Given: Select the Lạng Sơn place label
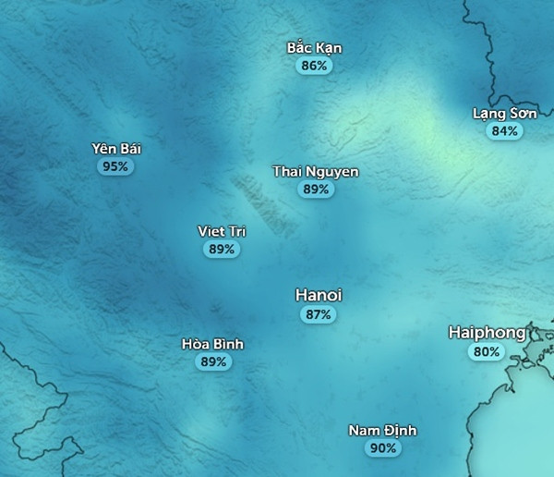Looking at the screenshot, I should pyautogui.click(x=504, y=114).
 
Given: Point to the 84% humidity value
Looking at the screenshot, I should pyautogui.click(x=504, y=131).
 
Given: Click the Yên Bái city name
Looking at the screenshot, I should pyautogui.click(x=116, y=149).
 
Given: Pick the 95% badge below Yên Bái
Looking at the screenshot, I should pyautogui.click(x=116, y=166).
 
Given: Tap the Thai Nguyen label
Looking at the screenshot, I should pyautogui.click(x=316, y=172).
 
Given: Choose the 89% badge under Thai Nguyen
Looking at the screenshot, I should pyautogui.click(x=316, y=190).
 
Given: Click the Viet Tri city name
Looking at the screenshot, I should pyautogui.click(x=222, y=231).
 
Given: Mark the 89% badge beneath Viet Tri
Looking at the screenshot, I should pyautogui.click(x=222, y=249).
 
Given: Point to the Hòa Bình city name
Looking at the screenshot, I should pyautogui.click(x=212, y=344).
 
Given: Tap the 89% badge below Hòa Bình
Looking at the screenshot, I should pyautogui.click(x=212, y=361).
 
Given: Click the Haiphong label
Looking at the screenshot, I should pyautogui.click(x=487, y=332).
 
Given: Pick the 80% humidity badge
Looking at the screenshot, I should pyautogui.click(x=487, y=351).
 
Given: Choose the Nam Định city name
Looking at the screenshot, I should pyautogui.click(x=382, y=431).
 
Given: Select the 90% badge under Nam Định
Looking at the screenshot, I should pyautogui.click(x=382, y=448).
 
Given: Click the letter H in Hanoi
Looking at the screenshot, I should pyautogui.click(x=301, y=295).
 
